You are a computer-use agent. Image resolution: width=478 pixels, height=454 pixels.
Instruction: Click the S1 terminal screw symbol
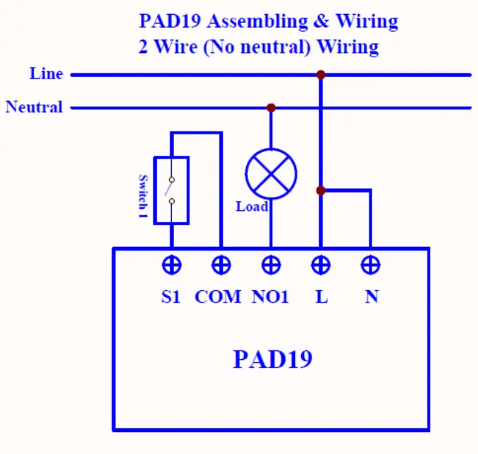click(x=171, y=265)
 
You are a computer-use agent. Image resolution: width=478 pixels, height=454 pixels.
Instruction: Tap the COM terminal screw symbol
click(x=220, y=265)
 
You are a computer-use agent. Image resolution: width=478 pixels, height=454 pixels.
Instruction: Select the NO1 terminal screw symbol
click(x=271, y=265)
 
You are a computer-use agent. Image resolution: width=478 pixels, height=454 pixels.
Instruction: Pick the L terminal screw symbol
click(x=320, y=265)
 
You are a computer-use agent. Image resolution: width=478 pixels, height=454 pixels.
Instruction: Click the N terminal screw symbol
click(x=371, y=265)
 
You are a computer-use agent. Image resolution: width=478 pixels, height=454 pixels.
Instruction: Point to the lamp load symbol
click(x=271, y=173)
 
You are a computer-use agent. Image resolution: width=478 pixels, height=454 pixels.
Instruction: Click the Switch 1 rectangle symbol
click(x=171, y=190)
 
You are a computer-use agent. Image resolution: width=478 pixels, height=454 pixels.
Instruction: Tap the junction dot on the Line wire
click(x=320, y=74)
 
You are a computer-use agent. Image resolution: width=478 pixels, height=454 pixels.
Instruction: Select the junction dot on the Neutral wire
click(x=271, y=107)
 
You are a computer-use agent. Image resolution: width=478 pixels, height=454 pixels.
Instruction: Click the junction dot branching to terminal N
click(x=320, y=190)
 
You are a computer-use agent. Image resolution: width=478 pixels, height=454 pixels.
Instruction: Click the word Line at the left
click(x=46, y=74)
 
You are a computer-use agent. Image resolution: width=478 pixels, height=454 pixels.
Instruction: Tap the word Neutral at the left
click(x=35, y=107)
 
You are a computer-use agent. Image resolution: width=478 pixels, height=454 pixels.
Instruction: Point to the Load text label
click(x=251, y=207)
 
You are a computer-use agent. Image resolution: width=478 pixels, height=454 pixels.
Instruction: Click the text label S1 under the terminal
click(x=170, y=297)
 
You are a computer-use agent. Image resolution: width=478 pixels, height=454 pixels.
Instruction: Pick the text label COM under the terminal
click(x=218, y=297)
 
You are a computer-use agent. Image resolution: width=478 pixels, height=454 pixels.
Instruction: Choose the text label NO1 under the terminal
click(x=271, y=297)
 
